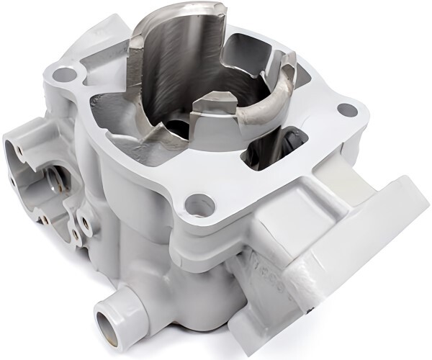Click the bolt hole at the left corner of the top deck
click(x=66, y=73)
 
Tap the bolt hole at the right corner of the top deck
click(x=347, y=110)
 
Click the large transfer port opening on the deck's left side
click(x=115, y=119)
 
